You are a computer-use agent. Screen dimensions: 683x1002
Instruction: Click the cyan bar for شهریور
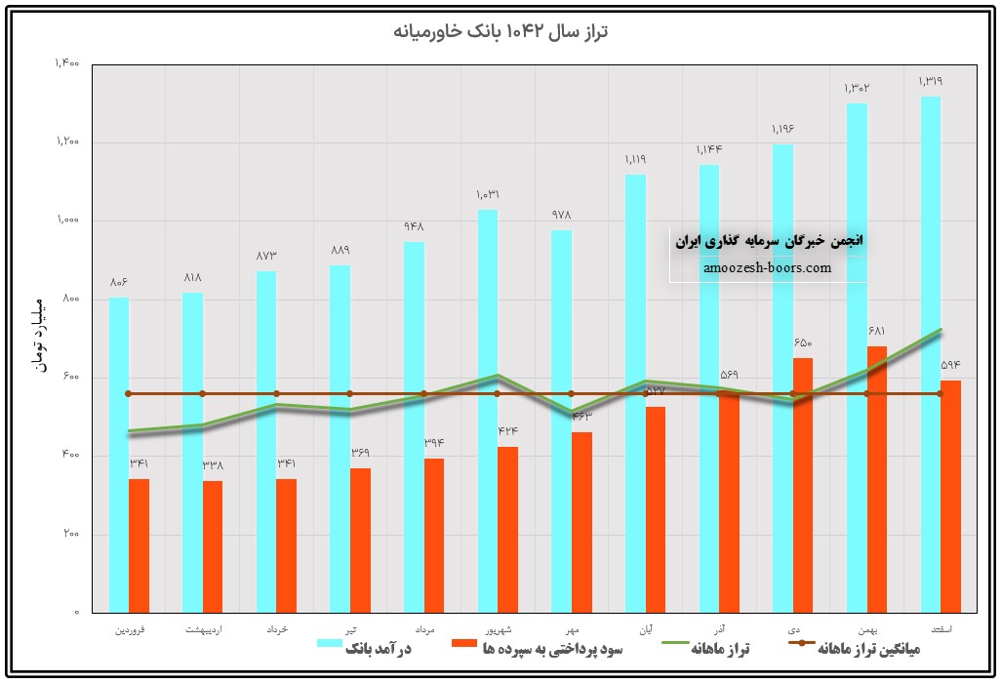click(x=487, y=410)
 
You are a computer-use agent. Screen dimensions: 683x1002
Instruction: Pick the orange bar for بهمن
click(x=876, y=478)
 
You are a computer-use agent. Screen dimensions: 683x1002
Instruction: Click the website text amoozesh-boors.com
click(x=767, y=267)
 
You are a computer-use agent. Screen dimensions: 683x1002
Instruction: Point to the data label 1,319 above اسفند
click(x=930, y=81)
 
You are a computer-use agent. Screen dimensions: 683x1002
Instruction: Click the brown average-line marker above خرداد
click(x=276, y=393)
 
